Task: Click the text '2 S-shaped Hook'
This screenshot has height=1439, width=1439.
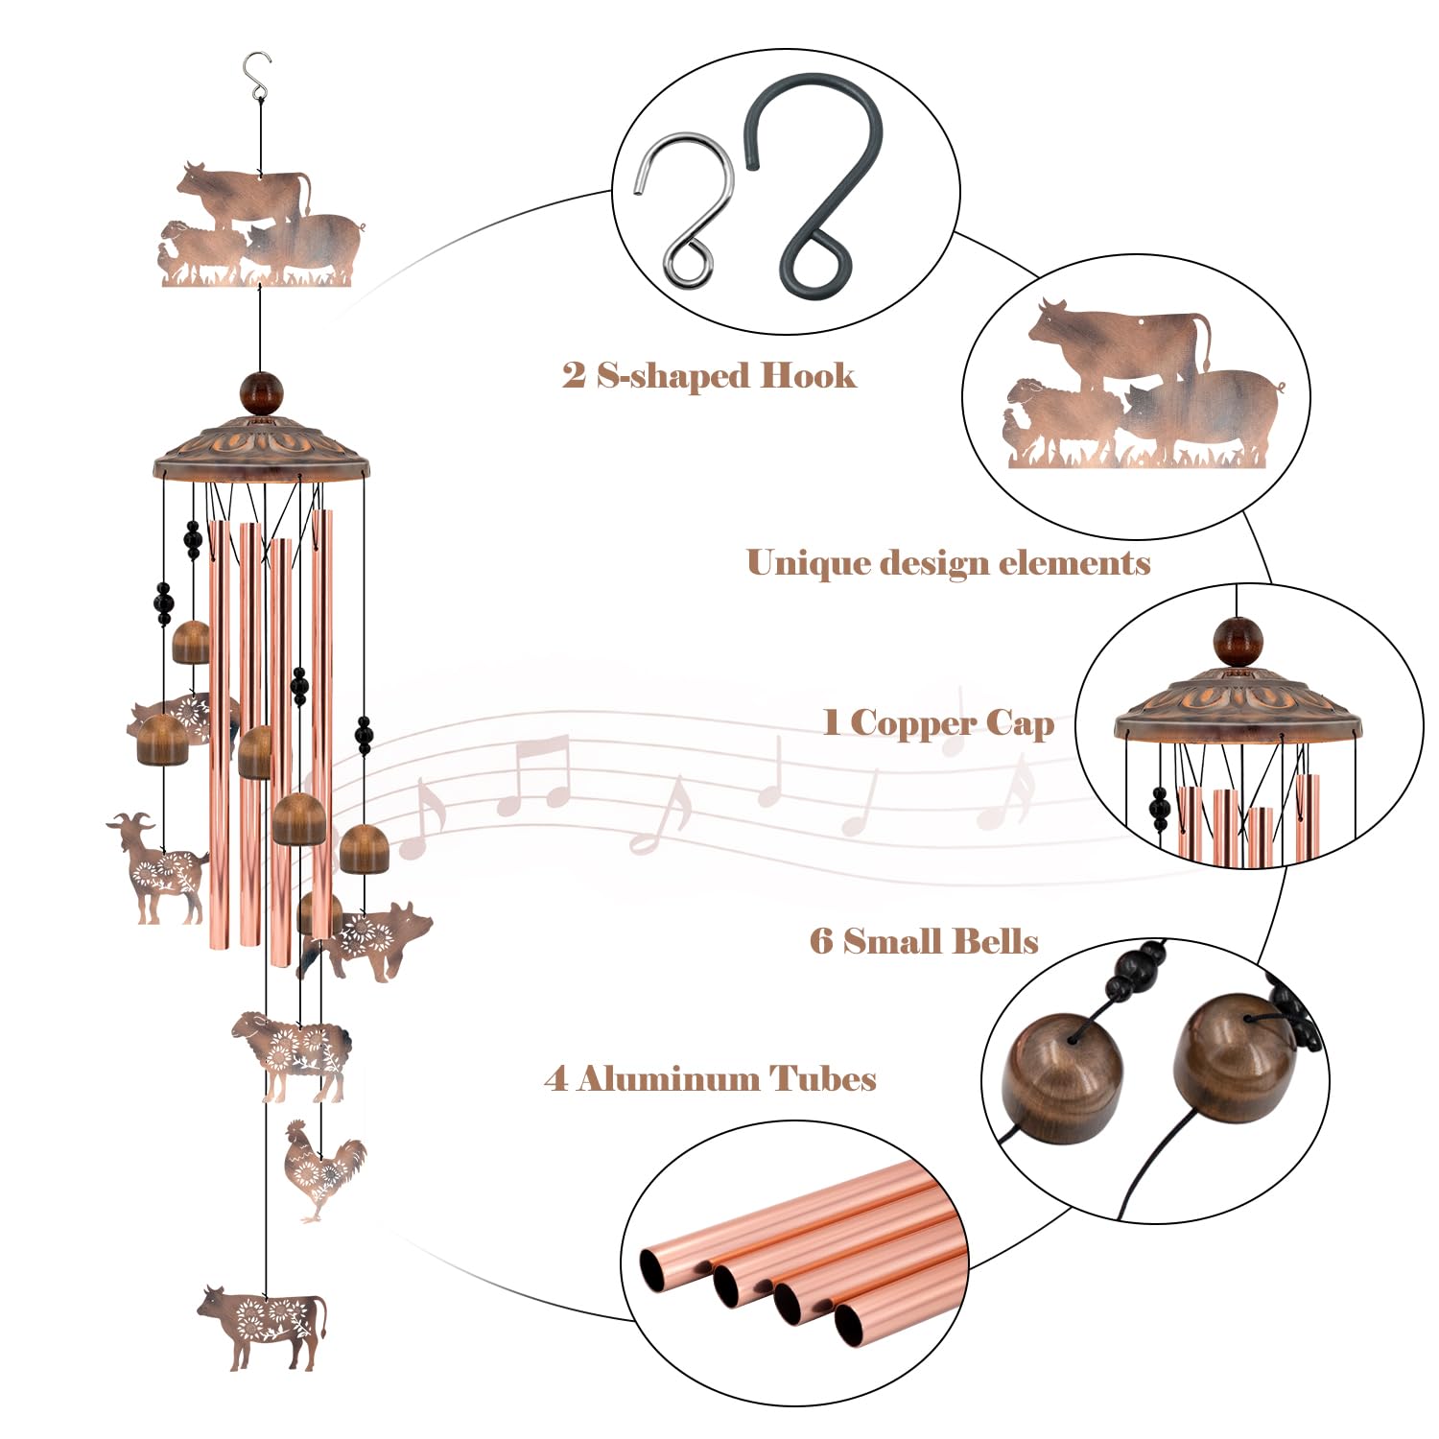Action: point(709,375)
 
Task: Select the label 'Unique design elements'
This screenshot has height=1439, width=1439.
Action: point(948,563)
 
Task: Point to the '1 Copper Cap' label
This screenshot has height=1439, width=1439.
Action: point(938,722)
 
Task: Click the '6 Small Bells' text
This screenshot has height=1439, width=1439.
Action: point(924,941)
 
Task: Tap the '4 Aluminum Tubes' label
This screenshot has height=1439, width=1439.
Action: point(710,1079)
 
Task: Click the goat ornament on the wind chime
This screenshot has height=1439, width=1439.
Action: point(156,868)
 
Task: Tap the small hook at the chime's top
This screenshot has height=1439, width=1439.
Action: point(256,77)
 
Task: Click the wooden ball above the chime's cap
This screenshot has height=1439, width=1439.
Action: point(262,394)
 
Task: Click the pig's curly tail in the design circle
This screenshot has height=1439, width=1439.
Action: point(1278,388)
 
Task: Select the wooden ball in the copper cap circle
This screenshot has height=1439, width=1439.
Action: point(1238,642)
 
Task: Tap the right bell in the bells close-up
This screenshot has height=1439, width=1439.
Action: point(1234,1057)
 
